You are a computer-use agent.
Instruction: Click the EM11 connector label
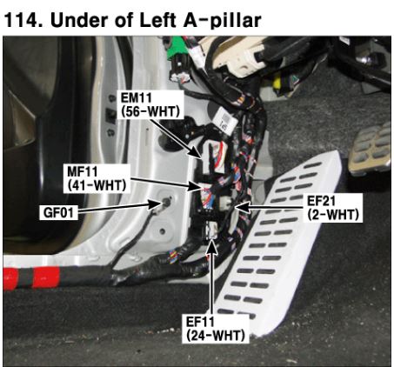150,104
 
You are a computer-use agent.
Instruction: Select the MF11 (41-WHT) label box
97,178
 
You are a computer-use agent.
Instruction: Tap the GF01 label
58,212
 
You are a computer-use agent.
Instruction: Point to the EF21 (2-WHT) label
333,208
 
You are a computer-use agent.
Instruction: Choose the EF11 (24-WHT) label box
216,329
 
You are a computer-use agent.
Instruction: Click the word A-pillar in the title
222,20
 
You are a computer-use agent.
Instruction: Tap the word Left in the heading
158,20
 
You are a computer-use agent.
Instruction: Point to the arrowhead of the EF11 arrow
211,246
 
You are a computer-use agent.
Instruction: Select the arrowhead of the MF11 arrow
194,186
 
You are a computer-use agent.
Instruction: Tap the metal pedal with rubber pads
371,148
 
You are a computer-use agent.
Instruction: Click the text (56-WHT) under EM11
150,112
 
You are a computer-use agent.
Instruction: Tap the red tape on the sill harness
31,278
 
